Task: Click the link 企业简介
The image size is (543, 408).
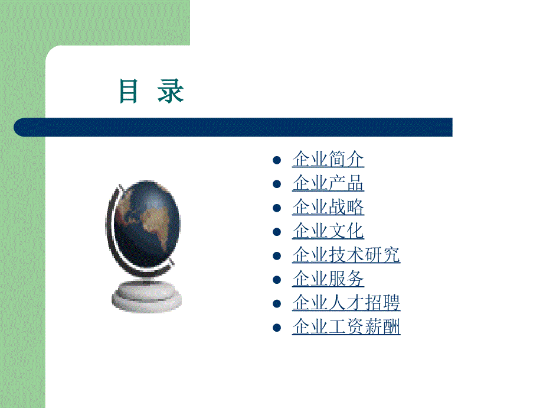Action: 328,160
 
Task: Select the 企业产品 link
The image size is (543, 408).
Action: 328,183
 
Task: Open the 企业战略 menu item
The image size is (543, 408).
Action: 328,208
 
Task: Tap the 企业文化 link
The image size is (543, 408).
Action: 328,231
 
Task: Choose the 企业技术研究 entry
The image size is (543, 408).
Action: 346,255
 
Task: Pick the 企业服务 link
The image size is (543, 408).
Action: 328,279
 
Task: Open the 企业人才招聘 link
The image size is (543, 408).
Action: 346,303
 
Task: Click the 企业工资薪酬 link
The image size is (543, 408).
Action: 346,327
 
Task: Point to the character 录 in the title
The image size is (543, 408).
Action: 171,91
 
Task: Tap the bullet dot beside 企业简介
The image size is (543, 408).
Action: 276,160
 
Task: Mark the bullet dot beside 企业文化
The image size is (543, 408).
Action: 276,232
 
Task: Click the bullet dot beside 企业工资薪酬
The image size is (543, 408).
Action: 276,328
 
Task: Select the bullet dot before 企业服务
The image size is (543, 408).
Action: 276,280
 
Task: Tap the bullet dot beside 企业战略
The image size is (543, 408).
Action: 276,208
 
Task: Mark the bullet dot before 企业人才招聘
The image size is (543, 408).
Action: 276,304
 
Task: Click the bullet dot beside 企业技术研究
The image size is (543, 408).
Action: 276,256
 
